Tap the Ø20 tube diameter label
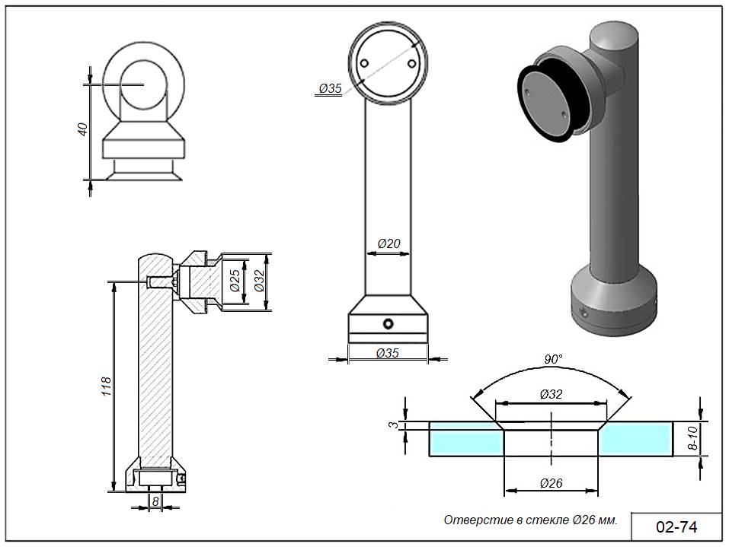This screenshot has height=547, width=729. pyautogui.click(x=388, y=244)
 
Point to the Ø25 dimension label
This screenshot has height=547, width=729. pyautogui.click(x=235, y=281)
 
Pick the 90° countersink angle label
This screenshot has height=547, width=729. pyautogui.click(x=553, y=358)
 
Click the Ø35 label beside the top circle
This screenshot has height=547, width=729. pyautogui.click(x=330, y=89)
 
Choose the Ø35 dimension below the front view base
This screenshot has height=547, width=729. pyautogui.click(x=388, y=352)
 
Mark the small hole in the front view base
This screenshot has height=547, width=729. pyautogui.click(x=388, y=324)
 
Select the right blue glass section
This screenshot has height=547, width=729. pyautogui.click(x=637, y=439)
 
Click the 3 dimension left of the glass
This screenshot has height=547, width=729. pyautogui.click(x=394, y=425)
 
